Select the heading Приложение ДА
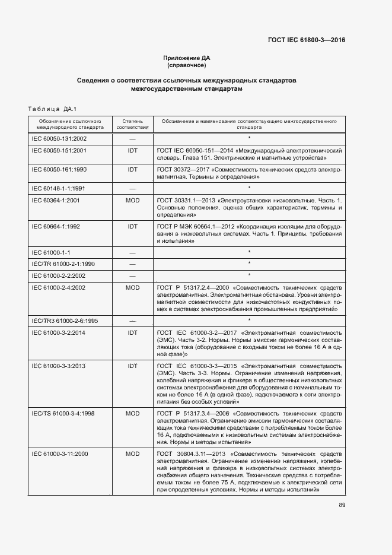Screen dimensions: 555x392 coord(187,58)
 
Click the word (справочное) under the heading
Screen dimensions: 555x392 coord(187,65)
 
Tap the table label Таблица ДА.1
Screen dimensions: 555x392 coord(53,109)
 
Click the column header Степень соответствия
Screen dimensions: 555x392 coord(132,123)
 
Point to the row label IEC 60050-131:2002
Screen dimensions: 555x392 coord(59,139)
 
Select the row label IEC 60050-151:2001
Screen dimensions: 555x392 coord(59,151)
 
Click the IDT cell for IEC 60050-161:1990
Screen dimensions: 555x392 coord(132,169)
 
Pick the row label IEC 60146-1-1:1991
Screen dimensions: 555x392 coord(59,188)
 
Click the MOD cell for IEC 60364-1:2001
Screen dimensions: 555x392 coord(132,201)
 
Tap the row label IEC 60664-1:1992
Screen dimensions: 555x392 coord(59,226)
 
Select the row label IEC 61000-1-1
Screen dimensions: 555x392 coord(51,252)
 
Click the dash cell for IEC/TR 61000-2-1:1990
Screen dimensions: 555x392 coord(132,264)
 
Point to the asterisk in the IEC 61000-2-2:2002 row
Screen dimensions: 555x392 coord(249,275)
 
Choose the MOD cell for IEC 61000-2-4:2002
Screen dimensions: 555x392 coord(132,287)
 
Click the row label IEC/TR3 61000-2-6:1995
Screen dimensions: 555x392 coord(65,321)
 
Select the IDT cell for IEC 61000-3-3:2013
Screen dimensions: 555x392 coord(132,366)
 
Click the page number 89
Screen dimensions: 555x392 coord(342,505)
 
